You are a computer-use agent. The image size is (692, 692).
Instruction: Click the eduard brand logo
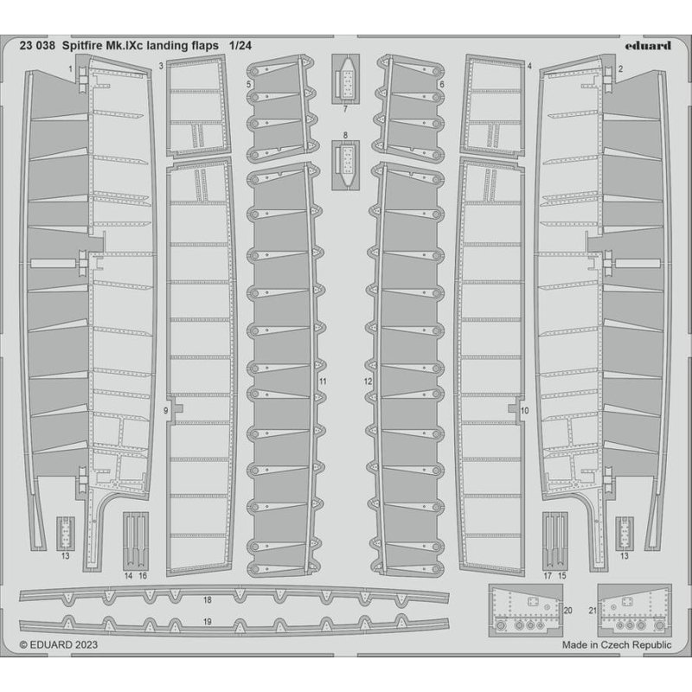647,46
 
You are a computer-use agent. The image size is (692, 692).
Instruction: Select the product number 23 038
37,46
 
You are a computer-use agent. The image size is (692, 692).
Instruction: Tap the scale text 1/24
240,46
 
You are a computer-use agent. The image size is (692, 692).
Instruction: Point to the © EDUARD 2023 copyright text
59,644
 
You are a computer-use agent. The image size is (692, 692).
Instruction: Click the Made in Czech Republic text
617,644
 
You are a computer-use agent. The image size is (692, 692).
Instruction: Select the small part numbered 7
345,79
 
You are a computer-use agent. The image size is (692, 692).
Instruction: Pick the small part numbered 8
345,165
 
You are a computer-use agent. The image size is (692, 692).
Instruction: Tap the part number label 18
208,599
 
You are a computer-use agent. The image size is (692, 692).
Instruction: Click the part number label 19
208,622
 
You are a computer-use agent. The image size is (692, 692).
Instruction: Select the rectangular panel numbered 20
526,611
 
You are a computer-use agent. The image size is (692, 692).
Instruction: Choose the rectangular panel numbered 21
635,611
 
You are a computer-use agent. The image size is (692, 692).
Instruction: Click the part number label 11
323,381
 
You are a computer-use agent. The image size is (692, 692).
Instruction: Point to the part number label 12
368,381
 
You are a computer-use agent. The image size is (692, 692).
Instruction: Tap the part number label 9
166,410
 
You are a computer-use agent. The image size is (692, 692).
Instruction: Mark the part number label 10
525,410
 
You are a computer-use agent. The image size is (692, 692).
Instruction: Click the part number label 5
249,84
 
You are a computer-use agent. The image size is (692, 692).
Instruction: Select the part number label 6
442,84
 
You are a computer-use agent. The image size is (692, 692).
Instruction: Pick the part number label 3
161,66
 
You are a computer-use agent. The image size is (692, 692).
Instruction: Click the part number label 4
529,66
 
